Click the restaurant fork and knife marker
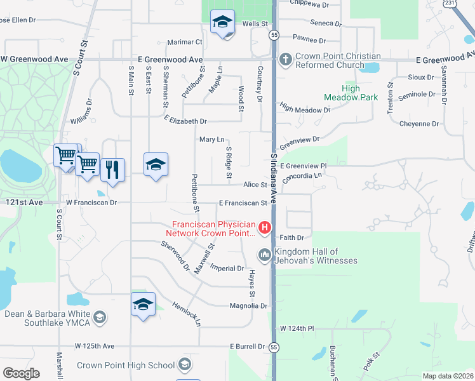click(x=112, y=169)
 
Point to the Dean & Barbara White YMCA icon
click(x=99, y=317)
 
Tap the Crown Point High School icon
click(x=184, y=364)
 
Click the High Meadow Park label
click(x=351, y=93)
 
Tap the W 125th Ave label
click(x=94, y=346)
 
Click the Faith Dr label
click(x=292, y=237)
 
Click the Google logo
click(x=21, y=373)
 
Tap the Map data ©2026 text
click(x=448, y=376)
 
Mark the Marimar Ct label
click(x=185, y=42)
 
